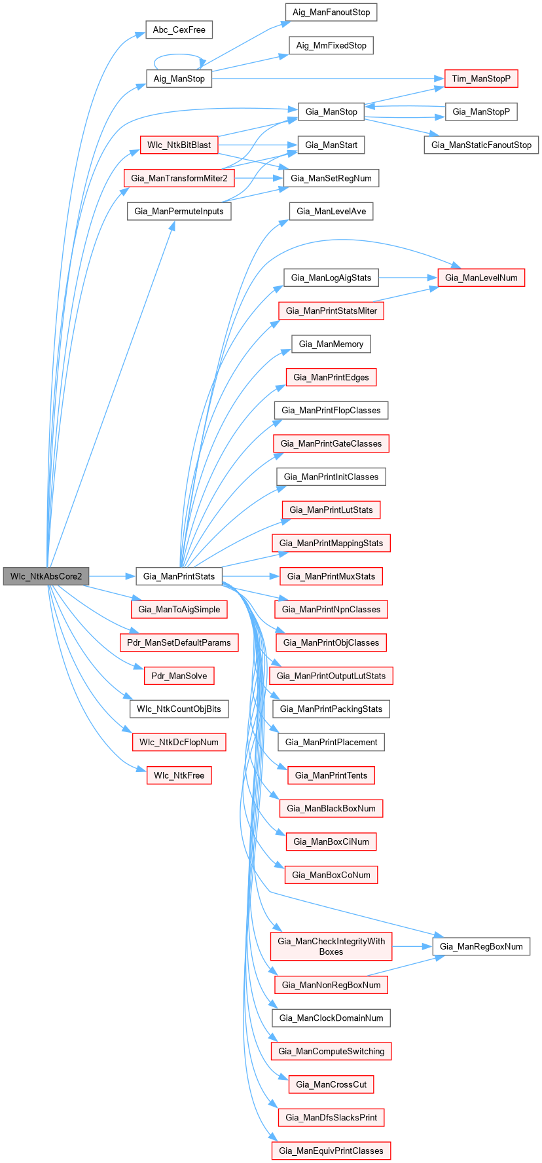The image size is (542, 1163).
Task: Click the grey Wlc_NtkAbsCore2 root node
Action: pyautogui.click(x=46, y=576)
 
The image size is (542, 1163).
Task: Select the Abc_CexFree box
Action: pyautogui.click(x=179, y=30)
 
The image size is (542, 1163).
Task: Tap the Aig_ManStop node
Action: pyautogui.click(x=179, y=79)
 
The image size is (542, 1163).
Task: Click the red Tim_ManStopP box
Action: pyautogui.click(x=481, y=79)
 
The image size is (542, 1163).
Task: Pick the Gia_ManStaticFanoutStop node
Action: pyautogui.click(x=481, y=145)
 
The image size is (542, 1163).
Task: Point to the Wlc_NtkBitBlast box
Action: pyautogui.click(x=178, y=145)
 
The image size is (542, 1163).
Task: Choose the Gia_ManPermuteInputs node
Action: pyautogui.click(x=179, y=211)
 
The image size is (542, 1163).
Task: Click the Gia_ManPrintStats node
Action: pyautogui.click(x=179, y=576)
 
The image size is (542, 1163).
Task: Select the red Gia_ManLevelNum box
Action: pyautogui.click(x=481, y=278)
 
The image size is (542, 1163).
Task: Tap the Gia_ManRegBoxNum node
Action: pyautogui.click(x=481, y=946)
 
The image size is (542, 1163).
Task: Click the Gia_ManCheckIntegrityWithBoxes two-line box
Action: pyautogui.click(x=331, y=946)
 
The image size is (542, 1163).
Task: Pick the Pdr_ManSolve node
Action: pyautogui.click(x=179, y=676)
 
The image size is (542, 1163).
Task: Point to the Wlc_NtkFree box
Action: pyautogui.click(x=179, y=775)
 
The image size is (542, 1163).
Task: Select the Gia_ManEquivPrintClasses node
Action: pyautogui.click(x=331, y=1151)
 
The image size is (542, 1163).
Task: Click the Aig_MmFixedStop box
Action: pyautogui.click(x=331, y=45)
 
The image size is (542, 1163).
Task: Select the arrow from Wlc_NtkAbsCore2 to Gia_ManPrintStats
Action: pyautogui.click(x=112, y=576)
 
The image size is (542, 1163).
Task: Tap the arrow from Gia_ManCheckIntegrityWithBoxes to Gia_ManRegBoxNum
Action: pyautogui.click(x=412, y=946)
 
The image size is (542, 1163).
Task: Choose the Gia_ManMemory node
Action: pyautogui.click(x=331, y=344)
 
